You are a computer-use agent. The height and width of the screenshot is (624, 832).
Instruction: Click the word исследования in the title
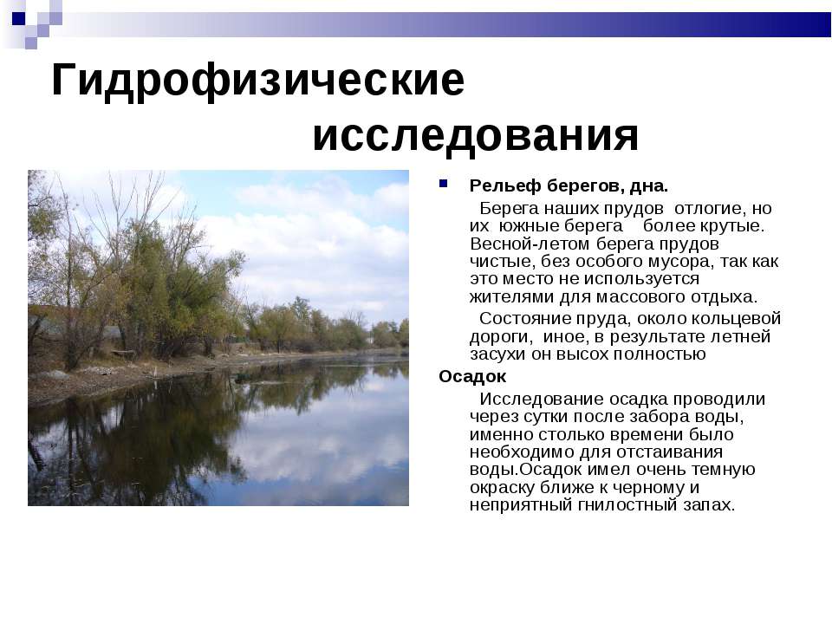[476, 136]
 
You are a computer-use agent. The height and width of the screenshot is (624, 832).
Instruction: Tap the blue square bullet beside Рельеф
[443, 184]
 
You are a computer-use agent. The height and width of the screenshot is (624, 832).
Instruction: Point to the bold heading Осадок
[472, 376]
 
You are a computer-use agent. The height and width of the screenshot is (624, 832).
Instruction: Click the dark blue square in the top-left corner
[18, 18]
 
